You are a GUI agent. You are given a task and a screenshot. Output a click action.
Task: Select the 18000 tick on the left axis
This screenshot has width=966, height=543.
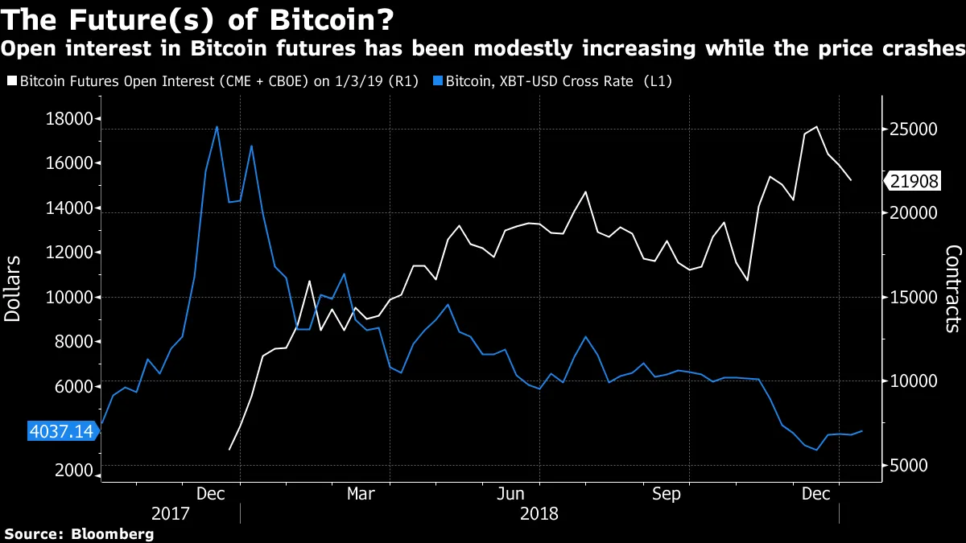click(71, 119)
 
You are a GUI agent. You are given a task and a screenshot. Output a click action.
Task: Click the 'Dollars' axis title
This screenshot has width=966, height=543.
click(14, 289)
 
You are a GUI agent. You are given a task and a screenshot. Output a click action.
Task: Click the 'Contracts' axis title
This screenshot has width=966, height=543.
click(952, 289)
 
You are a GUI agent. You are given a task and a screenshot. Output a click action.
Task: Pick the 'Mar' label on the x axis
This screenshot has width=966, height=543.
click(360, 493)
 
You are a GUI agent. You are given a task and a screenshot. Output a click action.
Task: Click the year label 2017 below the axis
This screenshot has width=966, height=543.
click(171, 512)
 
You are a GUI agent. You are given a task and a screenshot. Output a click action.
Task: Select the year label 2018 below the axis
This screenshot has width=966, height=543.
click(539, 512)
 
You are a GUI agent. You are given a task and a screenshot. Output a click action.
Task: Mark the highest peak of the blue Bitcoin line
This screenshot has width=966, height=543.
click(217, 127)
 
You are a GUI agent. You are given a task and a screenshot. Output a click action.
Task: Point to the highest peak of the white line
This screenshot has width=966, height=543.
click(817, 126)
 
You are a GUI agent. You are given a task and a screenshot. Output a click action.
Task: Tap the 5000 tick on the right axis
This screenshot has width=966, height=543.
click(912, 466)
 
